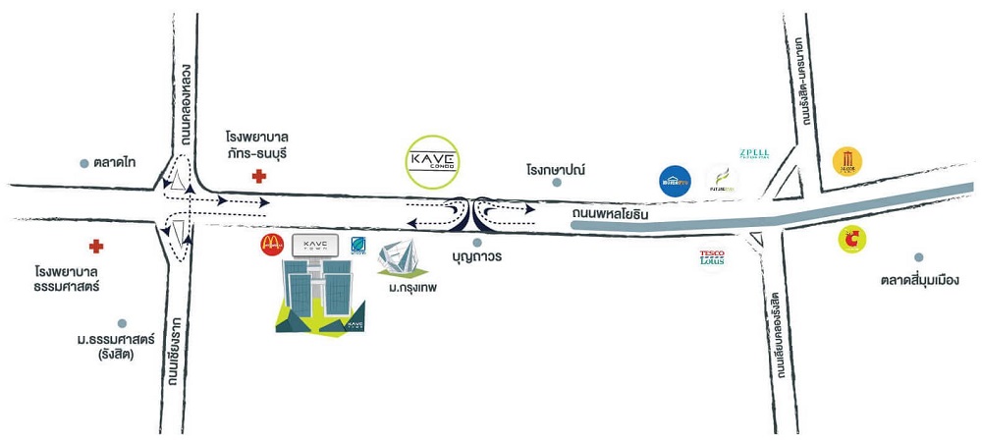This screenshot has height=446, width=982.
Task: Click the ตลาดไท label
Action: (115, 162)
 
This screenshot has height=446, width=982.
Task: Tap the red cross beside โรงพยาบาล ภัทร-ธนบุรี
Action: (258, 177)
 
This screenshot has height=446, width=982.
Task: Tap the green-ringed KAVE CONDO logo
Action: (433, 159)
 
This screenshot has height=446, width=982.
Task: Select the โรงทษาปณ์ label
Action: (555, 170)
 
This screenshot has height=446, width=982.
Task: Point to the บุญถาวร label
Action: (477, 257)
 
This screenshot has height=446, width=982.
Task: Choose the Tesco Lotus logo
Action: (712, 258)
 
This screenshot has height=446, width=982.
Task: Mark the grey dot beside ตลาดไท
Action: (85, 163)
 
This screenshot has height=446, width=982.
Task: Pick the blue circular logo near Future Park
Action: (675, 181)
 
